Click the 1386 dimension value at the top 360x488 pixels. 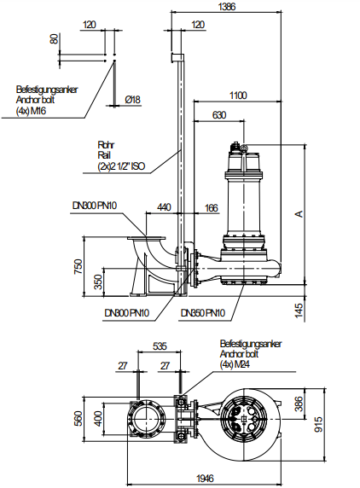[x=227, y=6]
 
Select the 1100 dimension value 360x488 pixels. [x=238, y=95]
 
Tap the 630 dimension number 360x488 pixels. [x=219, y=115]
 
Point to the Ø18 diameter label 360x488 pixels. [x=132, y=100]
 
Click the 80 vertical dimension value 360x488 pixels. [x=54, y=38]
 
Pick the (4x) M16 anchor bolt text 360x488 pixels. [x=31, y=111]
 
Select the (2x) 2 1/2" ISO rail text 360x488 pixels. [x=121, y=166]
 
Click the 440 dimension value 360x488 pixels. [x=164, y=207]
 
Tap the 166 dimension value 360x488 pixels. [x=212, y=207]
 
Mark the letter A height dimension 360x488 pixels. [x=299, y=214]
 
